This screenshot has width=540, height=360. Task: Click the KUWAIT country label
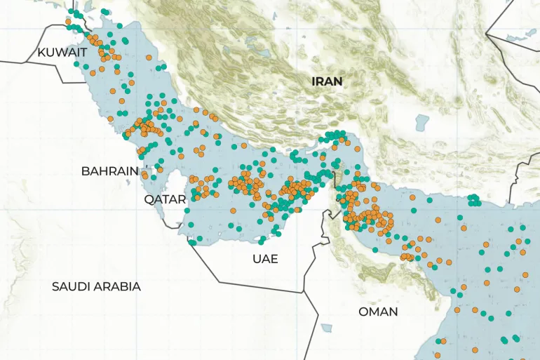[62, 53]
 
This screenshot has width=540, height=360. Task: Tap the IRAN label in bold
[327, 81]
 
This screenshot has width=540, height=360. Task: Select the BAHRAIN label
[109, 171]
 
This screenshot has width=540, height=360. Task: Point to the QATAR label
[165, 199]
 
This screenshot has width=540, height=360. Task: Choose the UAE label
[265, 259]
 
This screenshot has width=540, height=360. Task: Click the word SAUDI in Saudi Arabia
[73, 287]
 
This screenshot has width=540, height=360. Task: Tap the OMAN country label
[377, 312]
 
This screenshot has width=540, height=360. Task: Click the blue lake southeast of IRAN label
[421, 123]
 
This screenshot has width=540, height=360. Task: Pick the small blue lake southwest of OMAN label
[327, 328]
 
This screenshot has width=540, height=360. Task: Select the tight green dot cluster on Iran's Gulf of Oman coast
[475, 200]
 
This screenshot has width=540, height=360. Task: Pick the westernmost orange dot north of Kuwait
[68, 22]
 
